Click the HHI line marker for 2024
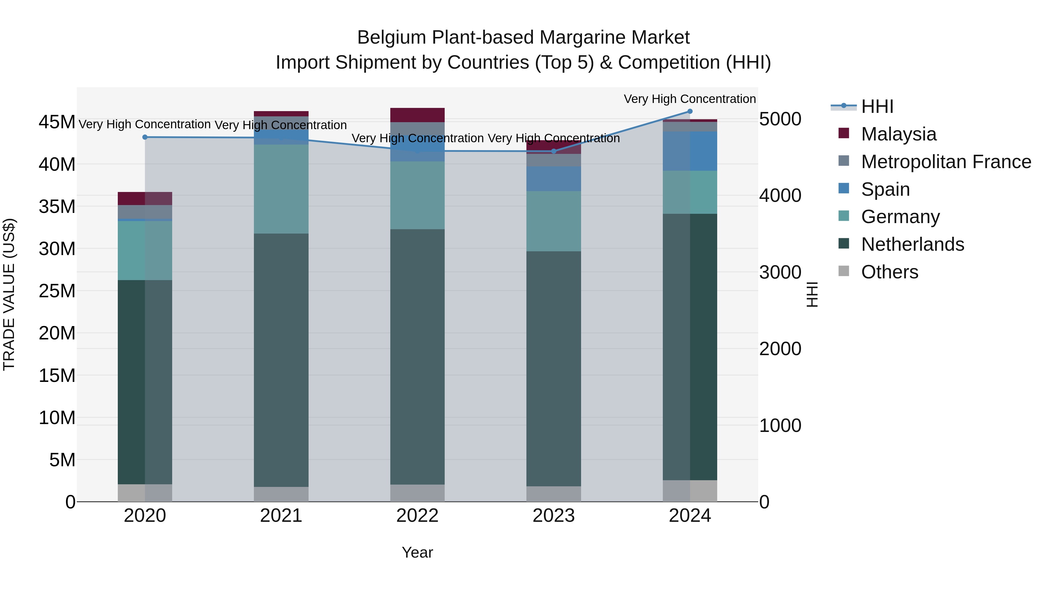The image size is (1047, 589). [690, 111]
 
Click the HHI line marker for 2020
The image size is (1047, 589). [145, 137]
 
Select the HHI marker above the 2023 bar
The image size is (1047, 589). [553, 151]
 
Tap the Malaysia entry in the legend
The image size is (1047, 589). [898, 134]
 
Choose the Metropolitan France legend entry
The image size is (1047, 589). [946, 162]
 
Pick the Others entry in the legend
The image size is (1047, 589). [889, 272]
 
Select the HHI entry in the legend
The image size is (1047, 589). [877, 106]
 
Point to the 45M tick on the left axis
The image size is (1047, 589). [57, 122]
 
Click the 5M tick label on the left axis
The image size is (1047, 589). [62, 460]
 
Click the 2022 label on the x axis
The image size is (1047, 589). [417, 516]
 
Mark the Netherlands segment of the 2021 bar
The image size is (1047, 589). [281, 360]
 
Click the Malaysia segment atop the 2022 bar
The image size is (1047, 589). [417, 115]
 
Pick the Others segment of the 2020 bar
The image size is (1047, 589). [145, 493]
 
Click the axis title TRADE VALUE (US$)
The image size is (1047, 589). [9, 294]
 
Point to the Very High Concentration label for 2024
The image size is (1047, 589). [690, 99]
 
